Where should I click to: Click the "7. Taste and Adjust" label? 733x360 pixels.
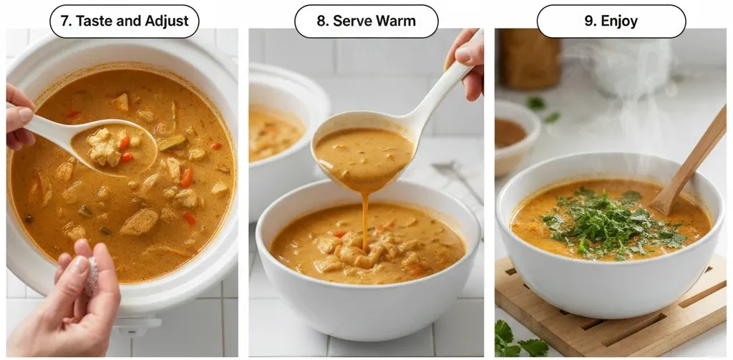124,21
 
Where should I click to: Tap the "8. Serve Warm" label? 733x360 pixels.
366,21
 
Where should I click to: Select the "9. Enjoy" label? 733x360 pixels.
611,21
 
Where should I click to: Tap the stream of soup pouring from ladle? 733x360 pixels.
365,215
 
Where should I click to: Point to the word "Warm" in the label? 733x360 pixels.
397,21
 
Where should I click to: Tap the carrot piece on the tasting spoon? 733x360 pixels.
125,141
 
